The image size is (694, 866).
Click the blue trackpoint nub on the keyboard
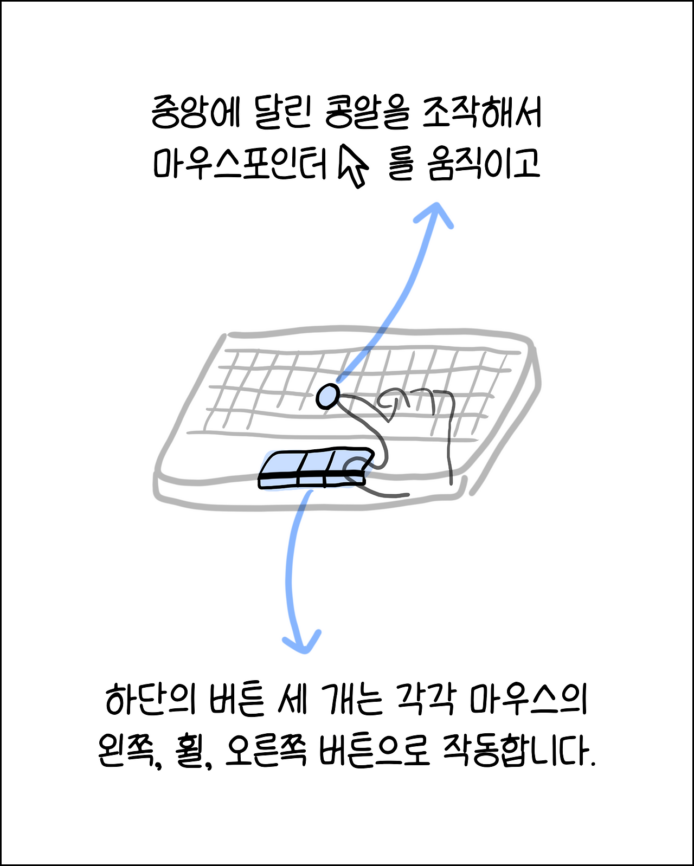[x=327, y=396]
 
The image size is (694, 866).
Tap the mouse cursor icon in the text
[x=353, y=166]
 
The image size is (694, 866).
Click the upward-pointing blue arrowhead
[x=434, y=214]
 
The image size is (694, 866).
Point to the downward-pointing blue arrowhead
[x=301, y=642]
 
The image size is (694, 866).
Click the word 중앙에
[x=195, y=113]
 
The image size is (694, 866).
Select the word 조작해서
[x=482, y=113]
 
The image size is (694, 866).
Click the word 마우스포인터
[x=240, y=163]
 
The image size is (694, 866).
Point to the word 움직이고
[x=484, y=163]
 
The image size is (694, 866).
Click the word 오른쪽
[x=266, y=751]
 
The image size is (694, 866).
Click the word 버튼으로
[x=374, y=751]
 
